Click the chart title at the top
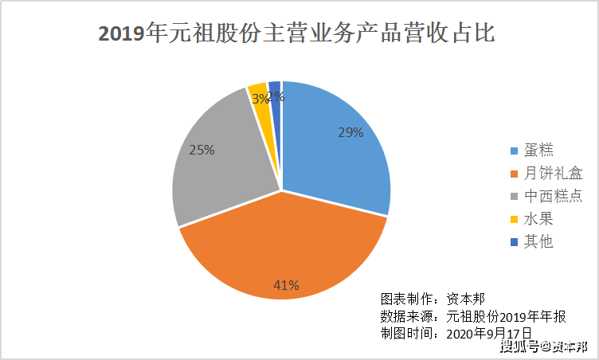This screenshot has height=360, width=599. click(297, 33)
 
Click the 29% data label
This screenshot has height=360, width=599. click(350, 133)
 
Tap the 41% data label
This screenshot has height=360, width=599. click(286, 285)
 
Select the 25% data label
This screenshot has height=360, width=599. click(202, 150)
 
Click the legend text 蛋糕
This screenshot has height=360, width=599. click(538, 150)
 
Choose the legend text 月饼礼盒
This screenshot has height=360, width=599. click(553, 173)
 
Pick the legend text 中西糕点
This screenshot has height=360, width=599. click(553, 196)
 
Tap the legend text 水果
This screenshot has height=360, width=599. click(538, 219)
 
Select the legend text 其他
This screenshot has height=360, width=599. click(538, 241)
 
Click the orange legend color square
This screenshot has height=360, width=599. click(515, 174)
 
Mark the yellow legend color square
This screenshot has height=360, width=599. click(515, 220)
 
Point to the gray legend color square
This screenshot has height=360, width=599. click(515, 197)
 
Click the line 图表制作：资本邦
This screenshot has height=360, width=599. click(433, 299)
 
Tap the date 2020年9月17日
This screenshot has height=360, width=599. click(489, 334)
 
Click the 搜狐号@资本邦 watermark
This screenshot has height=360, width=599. click(544, 346)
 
